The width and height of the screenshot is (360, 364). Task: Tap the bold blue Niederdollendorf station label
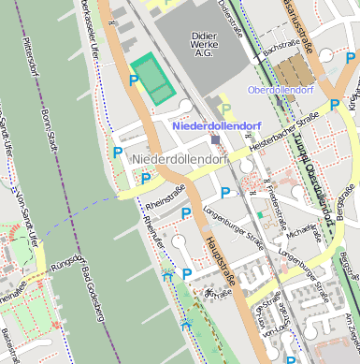coord(217,124)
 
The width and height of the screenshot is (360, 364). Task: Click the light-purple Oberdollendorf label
coord(293,90)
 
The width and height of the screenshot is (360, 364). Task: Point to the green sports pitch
coord(152,79)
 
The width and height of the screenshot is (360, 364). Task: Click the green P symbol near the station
coord(224,109)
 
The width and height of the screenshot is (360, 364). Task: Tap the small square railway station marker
coord(216,140)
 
